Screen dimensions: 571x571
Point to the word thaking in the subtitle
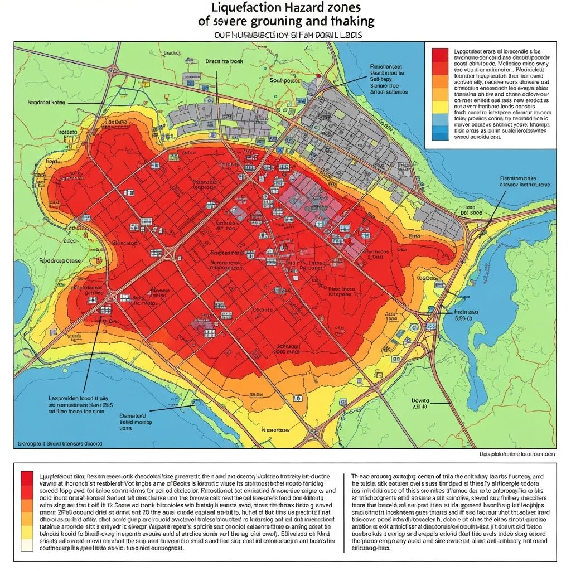click(x=351, y=22)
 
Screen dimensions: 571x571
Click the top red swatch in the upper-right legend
click(x=440, y=55)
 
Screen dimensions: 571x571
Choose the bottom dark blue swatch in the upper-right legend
click(x=440, y=133)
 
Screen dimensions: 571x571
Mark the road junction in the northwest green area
click(x=114, y=70)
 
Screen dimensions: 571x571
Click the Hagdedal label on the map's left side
click(x=46, y=103)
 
